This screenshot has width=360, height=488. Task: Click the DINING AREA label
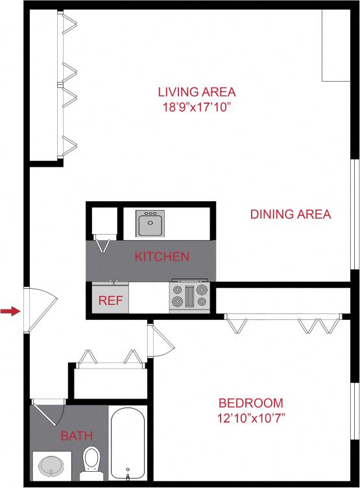(x=291, y=214)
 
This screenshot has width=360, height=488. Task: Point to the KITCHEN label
(x=162, y=256)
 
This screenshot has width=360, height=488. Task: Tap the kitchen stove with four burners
(x=189, y=296)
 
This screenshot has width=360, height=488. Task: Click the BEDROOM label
(x=250, y=402)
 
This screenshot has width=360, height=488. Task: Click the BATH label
(x=77, y=436)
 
